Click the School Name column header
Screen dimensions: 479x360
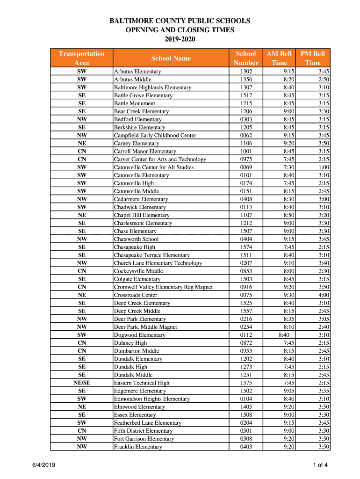(171, 58)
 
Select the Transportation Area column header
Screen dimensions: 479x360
(81, 58)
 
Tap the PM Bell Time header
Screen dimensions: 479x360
(313, 58)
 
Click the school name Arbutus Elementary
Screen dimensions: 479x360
(137, 72)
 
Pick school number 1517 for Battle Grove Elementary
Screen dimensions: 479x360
(246, 95)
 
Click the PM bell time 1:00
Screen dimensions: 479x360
(324, 167)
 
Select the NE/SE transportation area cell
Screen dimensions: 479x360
(82, 383)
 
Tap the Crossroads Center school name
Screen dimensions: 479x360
(136, 295)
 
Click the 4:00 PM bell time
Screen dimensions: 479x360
(324, 295)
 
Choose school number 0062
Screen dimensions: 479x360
(246, 135)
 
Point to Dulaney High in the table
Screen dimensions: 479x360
(130, 343)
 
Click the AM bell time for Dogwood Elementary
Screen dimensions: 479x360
(284, 335)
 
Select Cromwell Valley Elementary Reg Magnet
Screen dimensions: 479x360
(163, 287)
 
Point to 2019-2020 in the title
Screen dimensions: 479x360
(180, 39)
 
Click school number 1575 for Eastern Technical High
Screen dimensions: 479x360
(246, 383)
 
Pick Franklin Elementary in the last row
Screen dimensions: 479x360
(138, 447)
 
